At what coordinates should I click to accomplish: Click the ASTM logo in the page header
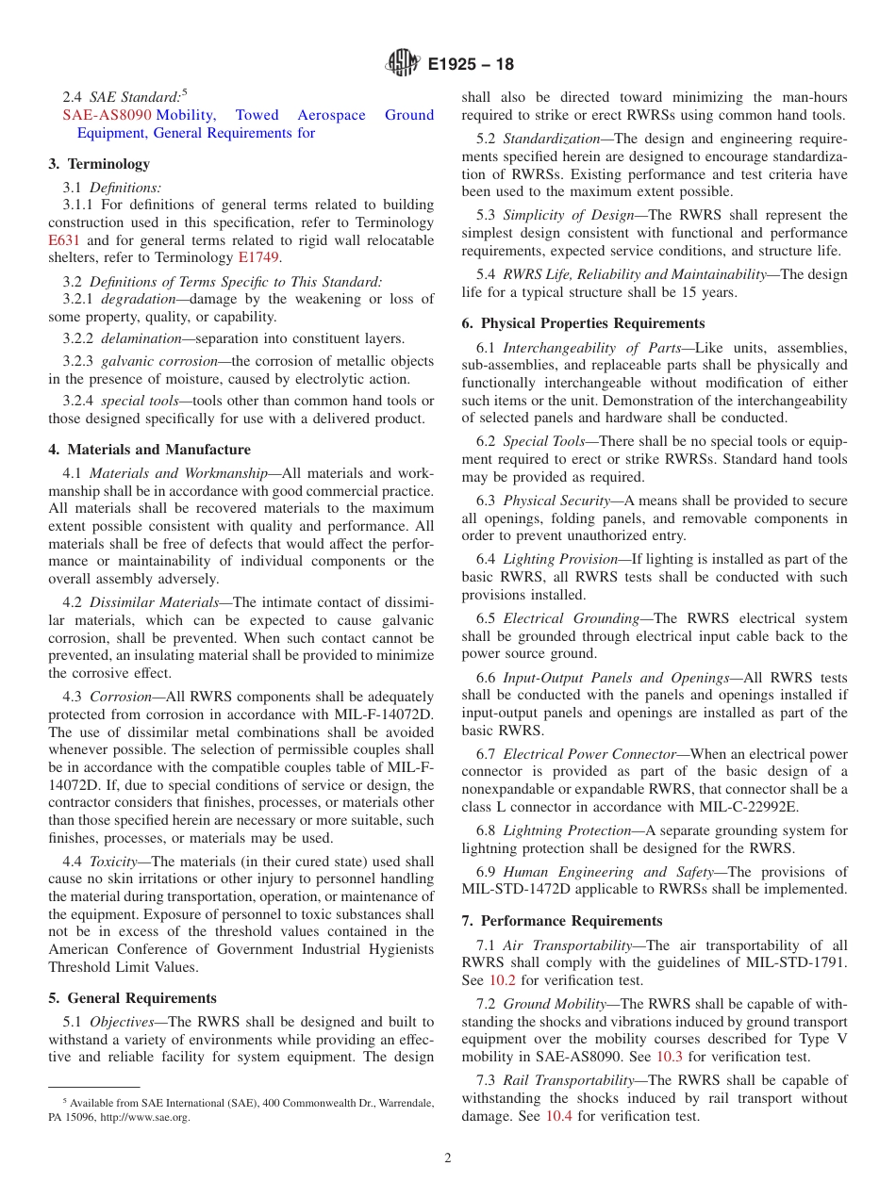point(404,64)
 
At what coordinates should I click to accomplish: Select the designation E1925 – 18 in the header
point(471,65)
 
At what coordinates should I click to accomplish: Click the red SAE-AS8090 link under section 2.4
point(107,115)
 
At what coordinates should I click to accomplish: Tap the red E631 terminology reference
point(64,240)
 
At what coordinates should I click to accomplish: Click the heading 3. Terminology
point(99,164)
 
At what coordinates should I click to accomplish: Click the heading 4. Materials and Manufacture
point(149,450)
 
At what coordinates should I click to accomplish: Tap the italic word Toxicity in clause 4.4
point(115,861)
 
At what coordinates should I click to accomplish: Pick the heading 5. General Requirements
point(132,998)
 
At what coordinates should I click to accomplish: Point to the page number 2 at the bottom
point(448,1158)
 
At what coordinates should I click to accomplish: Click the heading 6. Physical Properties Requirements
point(583,323)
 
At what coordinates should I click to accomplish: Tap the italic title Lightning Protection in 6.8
point(566,830)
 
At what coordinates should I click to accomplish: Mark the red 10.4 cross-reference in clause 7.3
point(559,1116)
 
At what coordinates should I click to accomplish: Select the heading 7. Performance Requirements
point(562,921)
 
